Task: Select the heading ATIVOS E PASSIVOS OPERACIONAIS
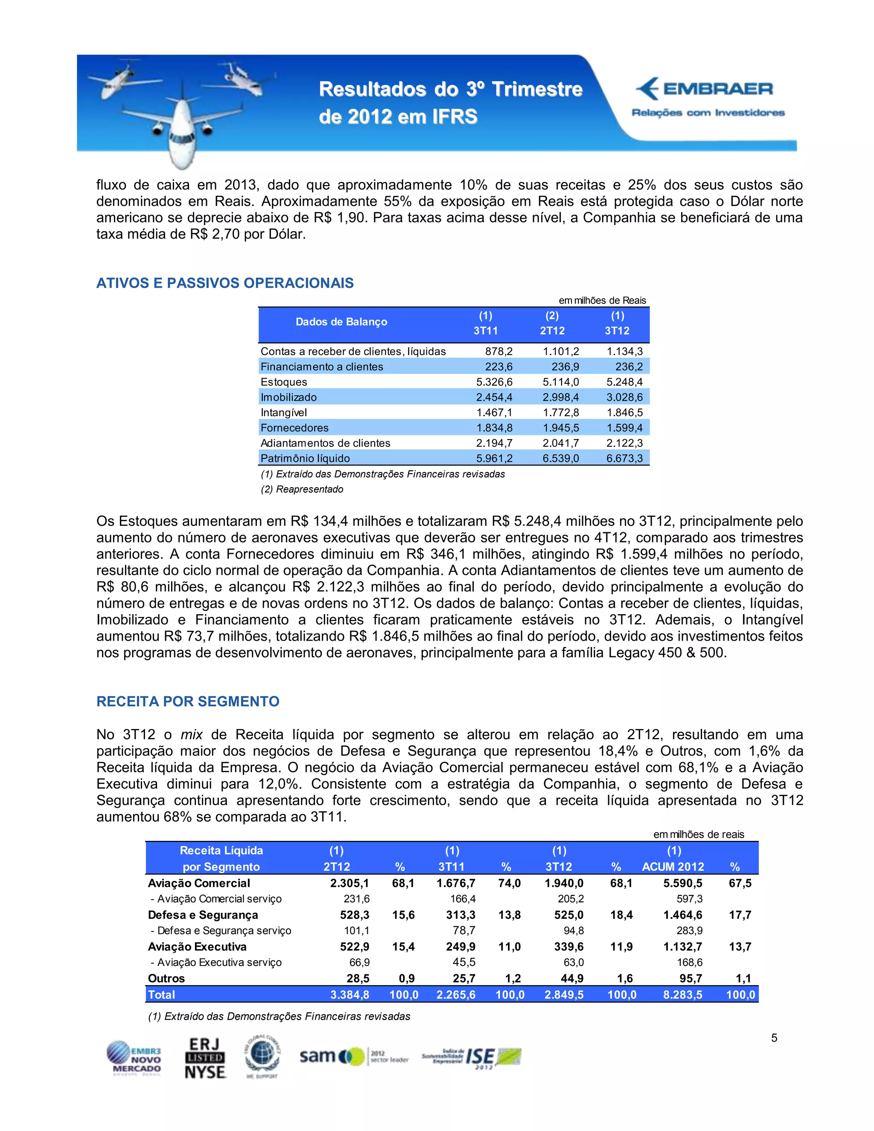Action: (225, 283)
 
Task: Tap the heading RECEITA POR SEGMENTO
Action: (187, 701)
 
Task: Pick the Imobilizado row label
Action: (288, 397)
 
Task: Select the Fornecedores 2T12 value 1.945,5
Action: (560, 428)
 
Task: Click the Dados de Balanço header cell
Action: (341, 322)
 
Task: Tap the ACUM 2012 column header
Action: (673, 867)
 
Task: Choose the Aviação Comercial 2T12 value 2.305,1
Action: (350, 883)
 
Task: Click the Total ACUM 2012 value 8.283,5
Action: (682, 995)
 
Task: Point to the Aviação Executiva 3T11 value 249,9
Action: (460, 947)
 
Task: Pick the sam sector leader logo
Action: (354, 1056)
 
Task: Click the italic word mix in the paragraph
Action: (192, 735)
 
